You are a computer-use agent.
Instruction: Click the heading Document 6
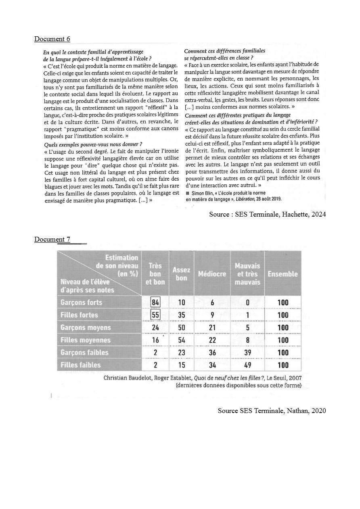coord(52,39)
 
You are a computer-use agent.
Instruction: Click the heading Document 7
coord(52,239)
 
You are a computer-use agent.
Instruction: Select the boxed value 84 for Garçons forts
coord(155,302)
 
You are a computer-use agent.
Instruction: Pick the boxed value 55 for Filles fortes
coord(155,315)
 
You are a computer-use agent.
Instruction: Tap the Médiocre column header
coord(212,274)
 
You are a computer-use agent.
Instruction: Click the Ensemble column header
coord(283,274)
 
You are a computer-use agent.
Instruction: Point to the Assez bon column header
coord(182,274)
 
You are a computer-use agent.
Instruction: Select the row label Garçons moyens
coord(86,328)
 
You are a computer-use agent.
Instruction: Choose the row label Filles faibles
coord(81,365)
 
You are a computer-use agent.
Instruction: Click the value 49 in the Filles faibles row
coord(247,365)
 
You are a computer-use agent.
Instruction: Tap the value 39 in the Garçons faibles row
coord(247,353)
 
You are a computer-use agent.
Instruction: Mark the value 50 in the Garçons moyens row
coord(182,328)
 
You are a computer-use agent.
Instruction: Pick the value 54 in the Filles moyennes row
coord(182,340)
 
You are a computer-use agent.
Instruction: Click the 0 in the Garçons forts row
coord(247,302)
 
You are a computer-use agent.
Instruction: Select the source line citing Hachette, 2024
coord(267,214)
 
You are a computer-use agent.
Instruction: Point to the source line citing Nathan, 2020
coord(272,411)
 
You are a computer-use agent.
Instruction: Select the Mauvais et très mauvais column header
coord(247,274)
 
